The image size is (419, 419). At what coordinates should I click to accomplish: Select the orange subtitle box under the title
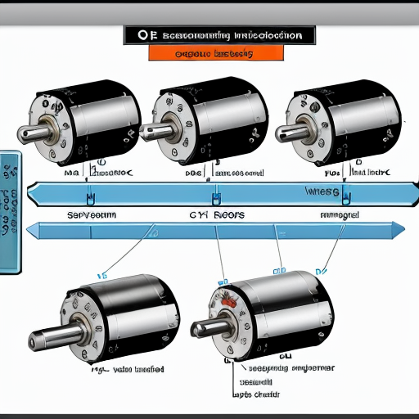pyautogui.click(x=216, y=53)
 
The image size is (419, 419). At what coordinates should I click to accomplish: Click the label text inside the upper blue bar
pyautogui.click(x=323, y=191)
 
